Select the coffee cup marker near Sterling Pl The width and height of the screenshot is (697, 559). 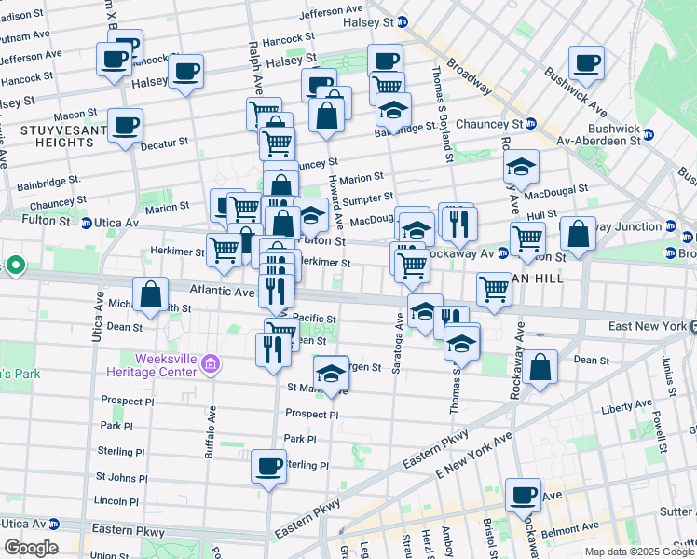click(x=268, y=465)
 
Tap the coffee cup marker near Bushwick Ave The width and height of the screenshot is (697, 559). click(x=586, y=63)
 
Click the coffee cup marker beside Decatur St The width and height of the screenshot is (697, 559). click(x=125, y=125)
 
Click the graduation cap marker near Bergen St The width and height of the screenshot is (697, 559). click(x=331, y=374)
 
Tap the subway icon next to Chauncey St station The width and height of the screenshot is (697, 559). click(x=530, y=123)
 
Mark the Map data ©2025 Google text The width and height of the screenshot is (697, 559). click(x=638, y=552)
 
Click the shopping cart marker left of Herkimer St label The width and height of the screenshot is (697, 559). click(x=224, y=251)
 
